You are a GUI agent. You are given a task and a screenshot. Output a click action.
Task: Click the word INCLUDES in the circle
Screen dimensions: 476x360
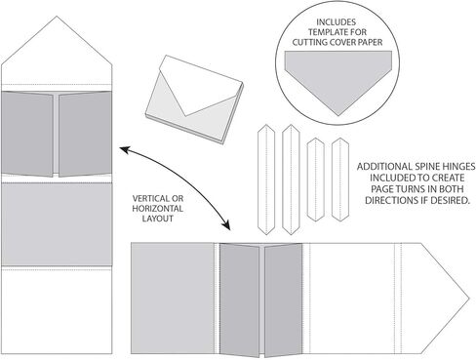click(337, 22)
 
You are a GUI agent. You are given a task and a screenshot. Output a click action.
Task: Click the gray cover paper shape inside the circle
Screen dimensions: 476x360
click(338, 78)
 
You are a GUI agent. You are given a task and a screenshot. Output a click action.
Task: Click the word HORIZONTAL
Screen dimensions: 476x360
click(158, 209)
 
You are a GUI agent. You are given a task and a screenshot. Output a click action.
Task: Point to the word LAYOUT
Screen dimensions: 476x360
click(158, 219)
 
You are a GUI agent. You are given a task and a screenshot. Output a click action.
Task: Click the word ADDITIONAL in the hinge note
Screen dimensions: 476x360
click(384, 167)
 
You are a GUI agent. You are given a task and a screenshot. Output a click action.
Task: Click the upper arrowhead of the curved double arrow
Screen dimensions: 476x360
click(124, 149)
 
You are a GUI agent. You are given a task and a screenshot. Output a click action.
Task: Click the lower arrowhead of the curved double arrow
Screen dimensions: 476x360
click(226, 225)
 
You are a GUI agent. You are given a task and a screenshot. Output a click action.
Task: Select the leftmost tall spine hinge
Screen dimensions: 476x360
click(266, 180)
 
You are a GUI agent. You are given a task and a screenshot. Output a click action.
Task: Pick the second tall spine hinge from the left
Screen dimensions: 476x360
click(291, 180)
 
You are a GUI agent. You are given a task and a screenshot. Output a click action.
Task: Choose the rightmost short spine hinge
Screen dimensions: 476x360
click(340, 180)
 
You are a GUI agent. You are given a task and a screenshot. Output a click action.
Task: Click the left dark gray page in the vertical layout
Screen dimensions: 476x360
click(27, 134)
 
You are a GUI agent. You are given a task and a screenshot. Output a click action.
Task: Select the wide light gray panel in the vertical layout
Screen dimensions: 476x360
click(57, 223)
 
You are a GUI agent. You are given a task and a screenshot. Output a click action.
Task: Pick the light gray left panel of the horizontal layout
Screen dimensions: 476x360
click(173, 299)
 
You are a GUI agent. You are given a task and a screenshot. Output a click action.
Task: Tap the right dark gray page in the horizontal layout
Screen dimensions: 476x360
click(283, 300)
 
